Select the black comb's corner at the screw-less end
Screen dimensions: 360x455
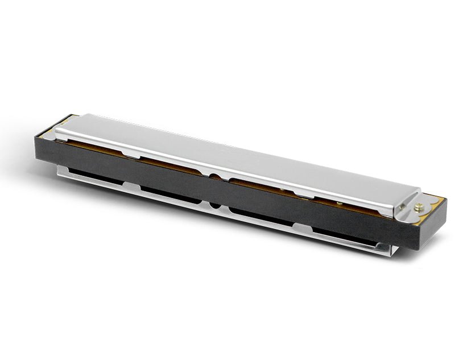(38, 136)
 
